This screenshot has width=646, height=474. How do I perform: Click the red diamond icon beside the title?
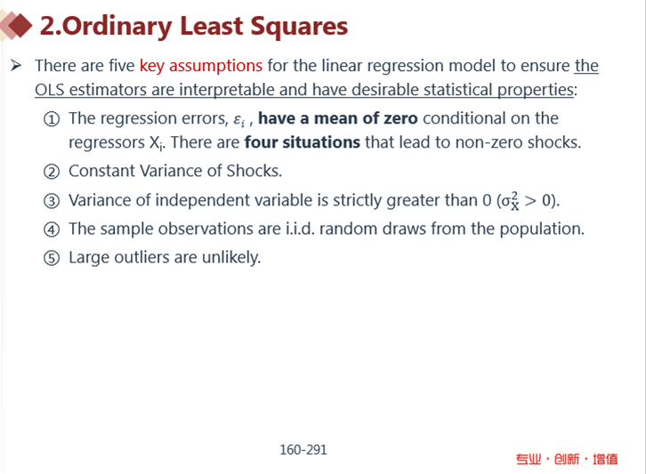click(20, 26)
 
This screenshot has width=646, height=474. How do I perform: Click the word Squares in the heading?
click(299, 27)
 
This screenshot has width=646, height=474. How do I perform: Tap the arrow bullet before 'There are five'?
click(16, 66)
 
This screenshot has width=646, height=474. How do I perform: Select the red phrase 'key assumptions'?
click(200, 66)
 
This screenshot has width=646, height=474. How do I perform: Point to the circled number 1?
click(52, 119)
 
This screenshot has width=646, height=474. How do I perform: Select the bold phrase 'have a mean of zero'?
click(338, 118)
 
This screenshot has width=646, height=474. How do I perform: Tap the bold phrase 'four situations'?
click(303, 142)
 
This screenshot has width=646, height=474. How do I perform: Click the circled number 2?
click(52, 172)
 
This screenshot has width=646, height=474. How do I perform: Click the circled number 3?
click(52, 201)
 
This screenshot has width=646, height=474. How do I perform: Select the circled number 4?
click(52, 229)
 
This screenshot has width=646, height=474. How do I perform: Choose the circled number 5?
click(52, 259)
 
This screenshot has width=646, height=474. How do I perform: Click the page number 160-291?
click(303, 450)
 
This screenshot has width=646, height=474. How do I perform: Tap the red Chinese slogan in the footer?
click(567, 459)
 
